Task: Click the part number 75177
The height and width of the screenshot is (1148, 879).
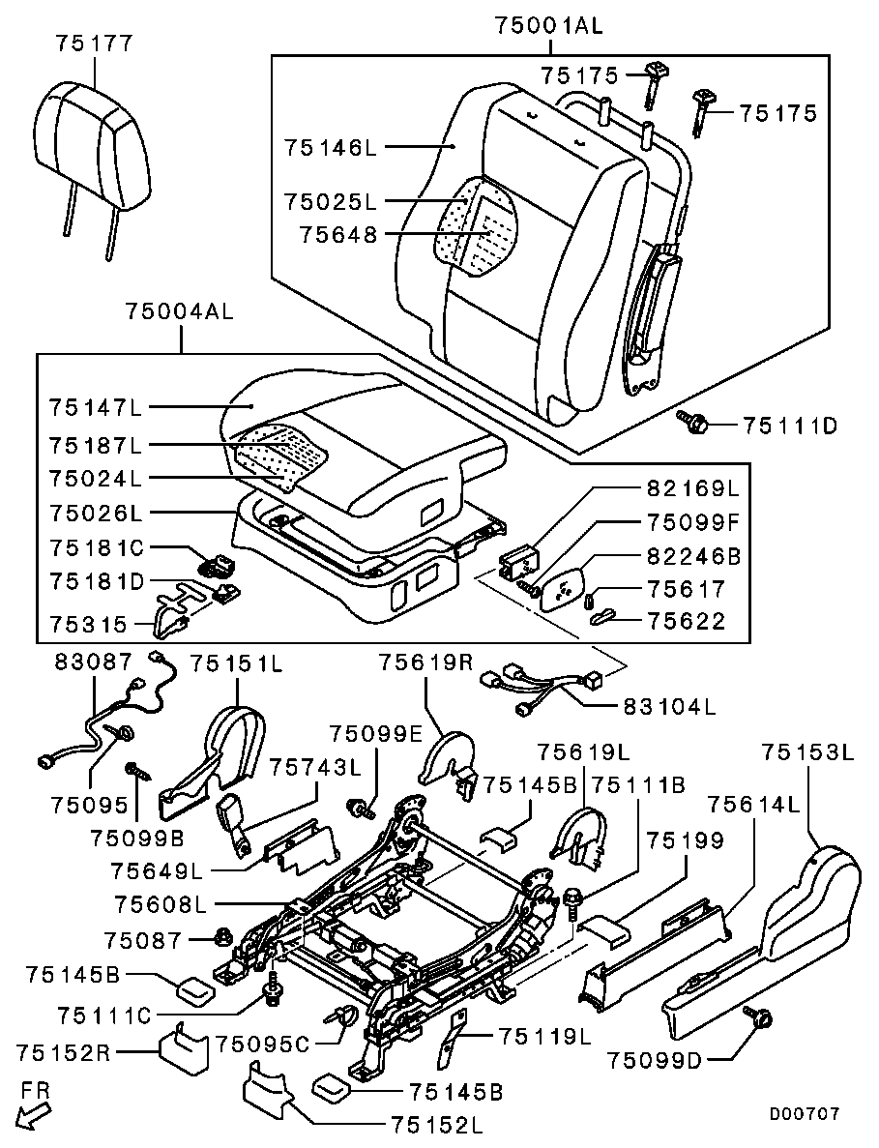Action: [x=94, y=44]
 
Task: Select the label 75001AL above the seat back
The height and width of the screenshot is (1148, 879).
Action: [x=547, y=26]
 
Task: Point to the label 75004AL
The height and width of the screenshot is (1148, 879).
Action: [x=179, y=312]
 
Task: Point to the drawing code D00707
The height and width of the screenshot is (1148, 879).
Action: [x=804, y=1114]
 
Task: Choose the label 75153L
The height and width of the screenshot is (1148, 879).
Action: [x=807, y=751]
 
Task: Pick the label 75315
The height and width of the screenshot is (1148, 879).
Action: [x=90, y=624]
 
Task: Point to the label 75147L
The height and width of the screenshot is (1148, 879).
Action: [x=95, y=407]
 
